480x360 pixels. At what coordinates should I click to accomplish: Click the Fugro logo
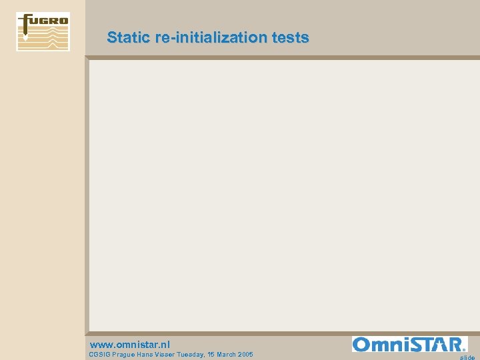click(43, 31)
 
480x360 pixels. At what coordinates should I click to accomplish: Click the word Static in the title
click(128, 37)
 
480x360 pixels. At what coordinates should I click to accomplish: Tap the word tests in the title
click(291, 37)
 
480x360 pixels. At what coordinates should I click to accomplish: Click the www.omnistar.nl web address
click(129, 345)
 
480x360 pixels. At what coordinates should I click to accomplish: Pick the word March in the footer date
click(227, 355)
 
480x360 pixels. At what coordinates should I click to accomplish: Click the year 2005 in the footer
click(246, 355)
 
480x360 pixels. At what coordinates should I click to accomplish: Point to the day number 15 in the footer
click(211, 355)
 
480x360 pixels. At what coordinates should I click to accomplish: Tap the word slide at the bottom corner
click(467, 357)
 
